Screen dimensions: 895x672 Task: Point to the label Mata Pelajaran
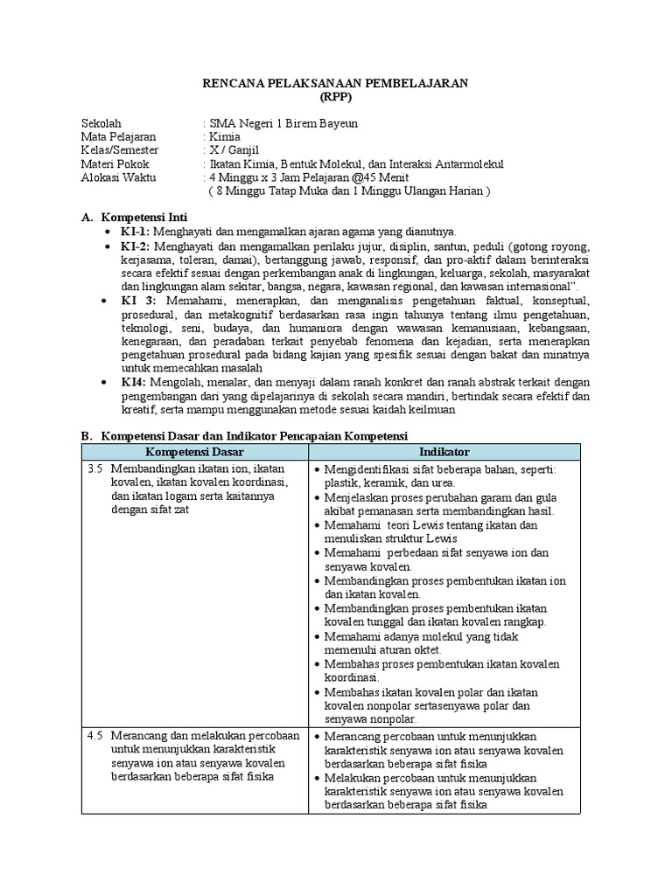coord(118,137)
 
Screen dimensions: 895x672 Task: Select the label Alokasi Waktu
coord(118,177)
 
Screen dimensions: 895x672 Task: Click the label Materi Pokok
coord(115,164)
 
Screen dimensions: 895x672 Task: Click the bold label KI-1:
coord(136,231)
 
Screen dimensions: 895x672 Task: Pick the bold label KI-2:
coord(137,247)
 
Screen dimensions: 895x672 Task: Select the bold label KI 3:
coord(138,301)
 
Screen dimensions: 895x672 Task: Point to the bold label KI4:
coord(136,382)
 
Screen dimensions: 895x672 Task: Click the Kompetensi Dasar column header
coord(194,452)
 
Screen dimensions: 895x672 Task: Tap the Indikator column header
coord(444,452)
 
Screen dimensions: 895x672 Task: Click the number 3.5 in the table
coord(95,469)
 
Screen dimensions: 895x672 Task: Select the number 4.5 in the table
coord(95,737)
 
